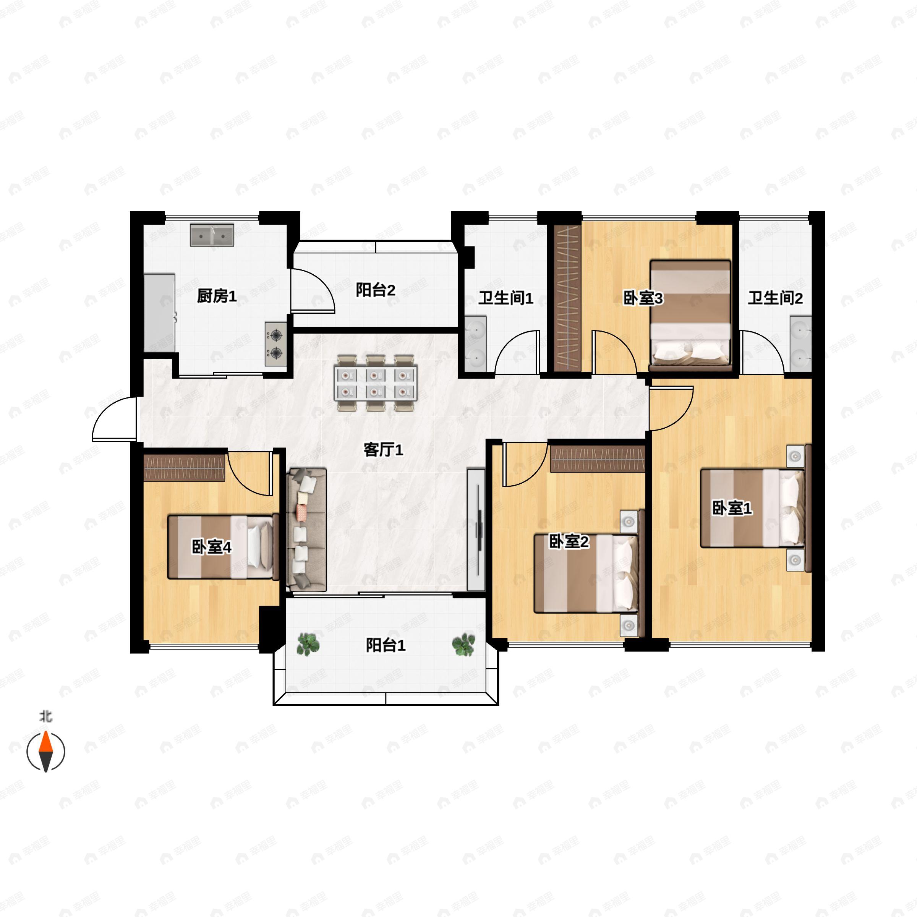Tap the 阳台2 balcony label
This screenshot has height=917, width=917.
(376, 290)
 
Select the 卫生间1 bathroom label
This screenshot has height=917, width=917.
(505, 298)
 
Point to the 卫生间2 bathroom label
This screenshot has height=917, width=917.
(775, 298)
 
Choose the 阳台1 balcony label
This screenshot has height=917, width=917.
(386, 645)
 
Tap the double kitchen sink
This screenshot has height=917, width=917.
(212, 235)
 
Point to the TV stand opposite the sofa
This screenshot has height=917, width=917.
(476, 529)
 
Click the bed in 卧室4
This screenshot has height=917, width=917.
(223, 547)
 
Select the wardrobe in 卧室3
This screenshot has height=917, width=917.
(568, 298)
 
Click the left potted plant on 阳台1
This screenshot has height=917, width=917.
(308, 645)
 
